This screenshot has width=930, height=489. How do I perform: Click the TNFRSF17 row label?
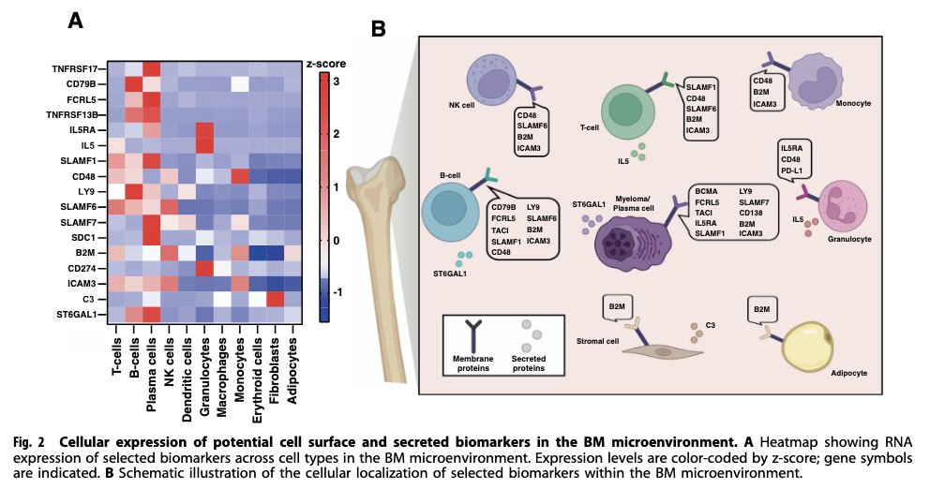pyautogui.click(x=79, y=69)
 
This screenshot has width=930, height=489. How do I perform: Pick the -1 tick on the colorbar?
pyautogui.click(x=337, y=292)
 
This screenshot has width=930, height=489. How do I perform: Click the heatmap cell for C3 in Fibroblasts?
pyautogui.click(x=276, y=299)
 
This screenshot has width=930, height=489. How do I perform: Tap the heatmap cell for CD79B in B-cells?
pyautogui.click(x=134, y=84)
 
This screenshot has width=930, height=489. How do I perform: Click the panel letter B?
pyautogui.click(x=379, y=29)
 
